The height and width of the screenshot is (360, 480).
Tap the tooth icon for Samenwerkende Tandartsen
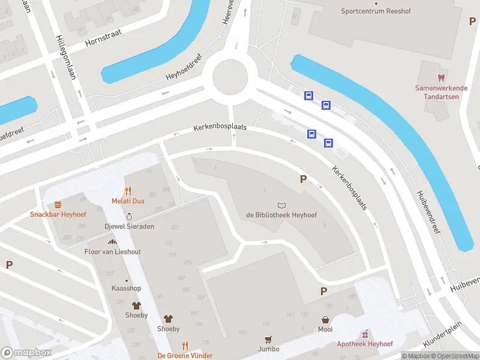coord(441,78)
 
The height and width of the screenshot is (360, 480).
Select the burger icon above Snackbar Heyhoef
coord(58,205)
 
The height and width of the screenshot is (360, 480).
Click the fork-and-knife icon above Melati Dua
coord(128,191)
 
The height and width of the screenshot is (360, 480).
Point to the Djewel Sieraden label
coord(129,226)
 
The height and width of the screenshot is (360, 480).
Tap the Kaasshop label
coord(126,289)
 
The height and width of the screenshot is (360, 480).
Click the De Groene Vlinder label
coord(185,356)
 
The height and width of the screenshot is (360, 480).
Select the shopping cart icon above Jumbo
coord(268,339)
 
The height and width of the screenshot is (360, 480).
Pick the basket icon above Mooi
coord(325,320)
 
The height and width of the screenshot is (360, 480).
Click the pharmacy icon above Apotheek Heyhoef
coord(364,334)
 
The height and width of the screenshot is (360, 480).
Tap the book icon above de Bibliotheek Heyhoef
coord(281,205)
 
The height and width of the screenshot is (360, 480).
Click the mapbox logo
coord(26,353)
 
